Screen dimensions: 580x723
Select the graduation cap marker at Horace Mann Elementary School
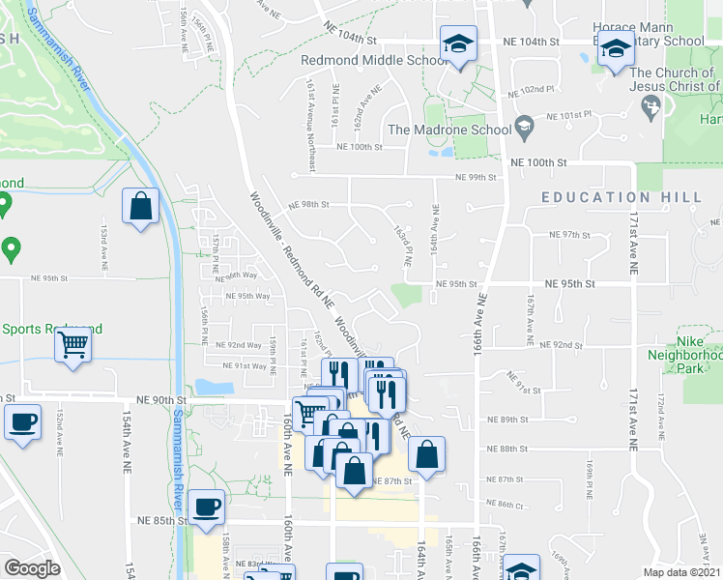[616, 47]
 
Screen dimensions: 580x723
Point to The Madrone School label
[448, 130]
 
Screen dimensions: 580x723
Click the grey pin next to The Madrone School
[524, 125]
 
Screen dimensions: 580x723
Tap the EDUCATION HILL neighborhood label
[622, 197]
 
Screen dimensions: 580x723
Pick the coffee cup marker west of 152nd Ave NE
[23, 422]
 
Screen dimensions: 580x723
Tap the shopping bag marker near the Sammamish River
[141, 206]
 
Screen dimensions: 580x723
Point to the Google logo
[32, 568]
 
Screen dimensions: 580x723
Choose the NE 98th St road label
[309, 204]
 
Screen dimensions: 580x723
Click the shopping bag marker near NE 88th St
[426, 454]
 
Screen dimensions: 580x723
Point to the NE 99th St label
[477, 177]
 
